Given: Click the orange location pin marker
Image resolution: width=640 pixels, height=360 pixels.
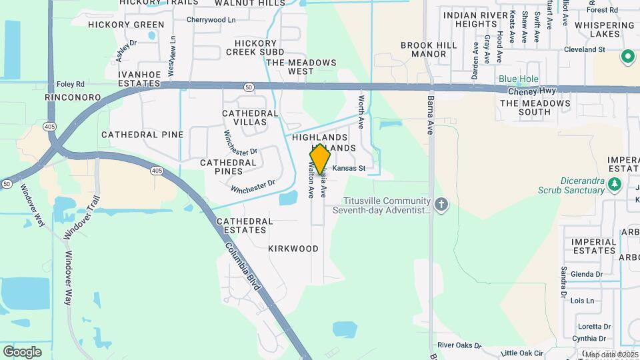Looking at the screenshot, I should click(x=321, y=160).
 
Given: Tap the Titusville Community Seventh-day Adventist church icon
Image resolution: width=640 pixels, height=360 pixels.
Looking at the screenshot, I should click(x=440, y=205).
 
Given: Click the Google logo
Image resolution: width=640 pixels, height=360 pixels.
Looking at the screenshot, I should click(x=22, y=351).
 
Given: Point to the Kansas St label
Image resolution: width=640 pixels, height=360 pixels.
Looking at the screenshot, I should click(x=349, y=169).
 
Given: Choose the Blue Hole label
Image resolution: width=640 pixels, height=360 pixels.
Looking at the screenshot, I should click(x=519, y=79).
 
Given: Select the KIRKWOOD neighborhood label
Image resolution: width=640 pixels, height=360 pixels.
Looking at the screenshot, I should click(x=293, y=249).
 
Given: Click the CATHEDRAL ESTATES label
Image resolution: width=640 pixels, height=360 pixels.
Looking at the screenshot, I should click(x=245, y=225).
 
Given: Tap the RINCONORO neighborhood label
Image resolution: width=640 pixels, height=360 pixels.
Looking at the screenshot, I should click(x=73, y=97).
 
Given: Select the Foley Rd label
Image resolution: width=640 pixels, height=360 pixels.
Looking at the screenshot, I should click(x=71, y=84).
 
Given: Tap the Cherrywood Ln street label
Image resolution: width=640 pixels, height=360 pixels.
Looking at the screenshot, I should click(x=211, y=20).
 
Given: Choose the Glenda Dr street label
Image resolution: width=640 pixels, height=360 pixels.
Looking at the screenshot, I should click(x=586, y=274).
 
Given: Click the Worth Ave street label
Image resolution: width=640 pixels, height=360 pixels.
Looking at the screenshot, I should click(x=361, y=112).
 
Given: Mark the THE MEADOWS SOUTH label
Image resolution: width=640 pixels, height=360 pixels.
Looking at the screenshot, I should click(x=535, y=108).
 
